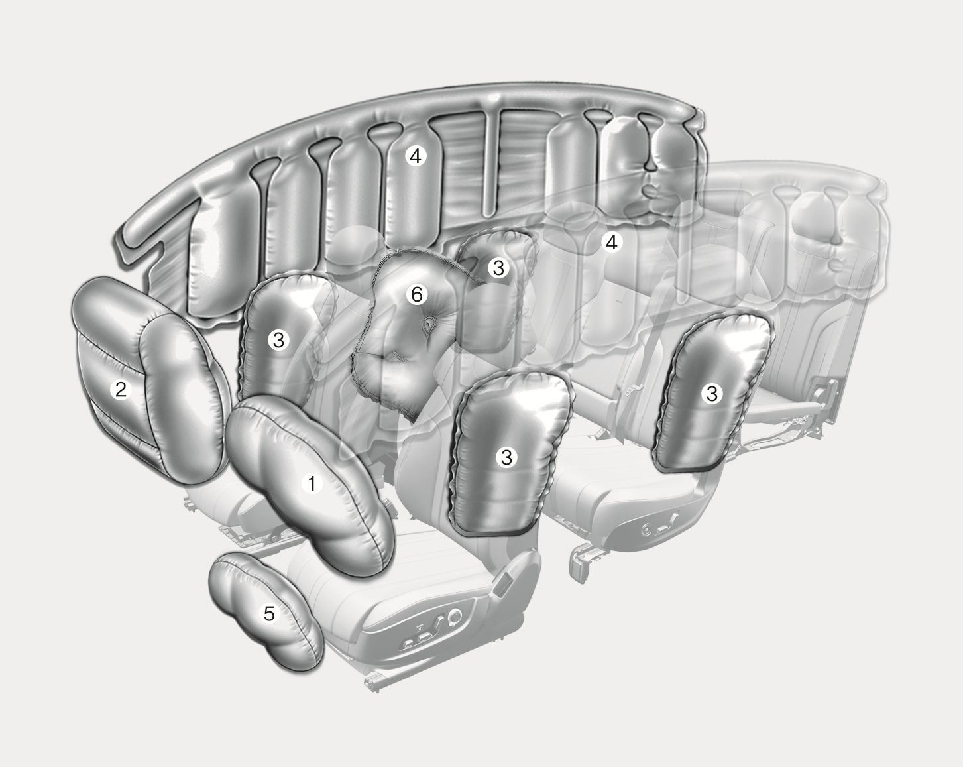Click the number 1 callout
coord(312,484)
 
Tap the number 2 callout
coord(121,390)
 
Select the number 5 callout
coord(269,613)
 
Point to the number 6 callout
coord(417,294)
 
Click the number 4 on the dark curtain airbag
coord(416,156)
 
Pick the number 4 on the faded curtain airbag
coord(611,242)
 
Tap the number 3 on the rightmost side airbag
coord(712,394)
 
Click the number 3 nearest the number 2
coord(278,340)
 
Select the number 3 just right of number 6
coord(498,268)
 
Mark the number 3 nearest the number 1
coord(506,457)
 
